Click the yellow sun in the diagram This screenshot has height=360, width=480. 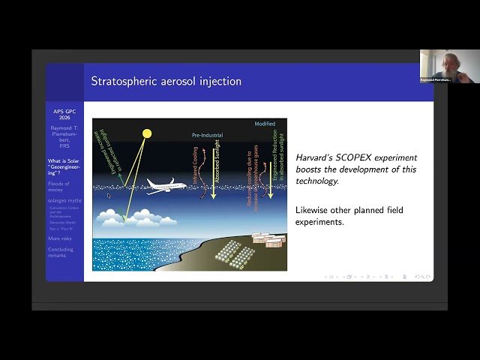pyautogui.click(x=147, y=134)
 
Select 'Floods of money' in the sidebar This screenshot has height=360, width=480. pyautogui.click(x=59, y=187)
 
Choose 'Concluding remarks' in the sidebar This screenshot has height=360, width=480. pyautogui.click(x=61, y=252)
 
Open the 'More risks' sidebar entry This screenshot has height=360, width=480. pyautogui.click(x=61, y=238)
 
